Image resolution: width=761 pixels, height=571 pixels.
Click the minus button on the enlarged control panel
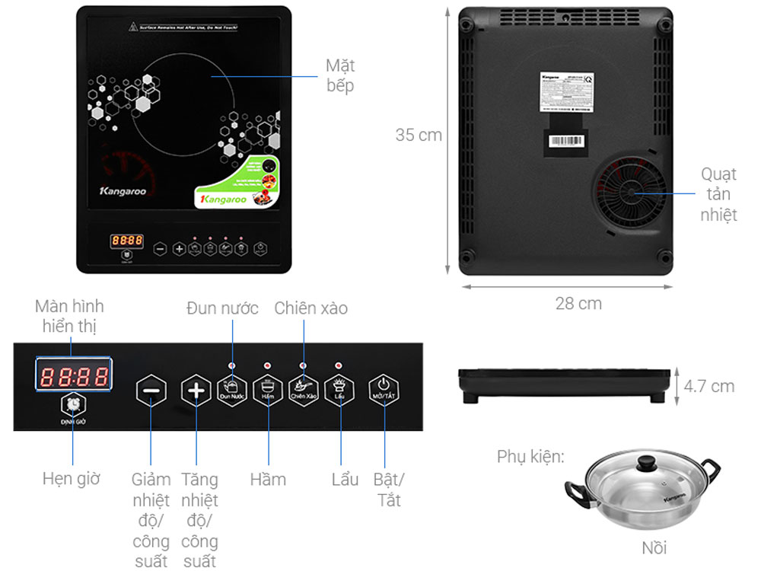pos(151,391)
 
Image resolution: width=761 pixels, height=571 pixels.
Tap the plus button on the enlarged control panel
pos(196,391)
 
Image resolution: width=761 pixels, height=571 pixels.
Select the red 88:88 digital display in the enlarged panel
pos(74,375)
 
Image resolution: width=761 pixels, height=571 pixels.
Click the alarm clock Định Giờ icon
pos(74,405)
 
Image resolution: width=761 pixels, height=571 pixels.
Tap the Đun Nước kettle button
pos(232,388)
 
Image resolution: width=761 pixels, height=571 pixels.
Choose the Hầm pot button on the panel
pos(267,388)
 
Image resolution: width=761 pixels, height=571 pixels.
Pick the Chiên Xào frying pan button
pos(303,388)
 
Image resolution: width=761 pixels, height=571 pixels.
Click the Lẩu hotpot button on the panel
pos(339,388)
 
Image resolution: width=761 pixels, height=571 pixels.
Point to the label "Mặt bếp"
pos(340,75)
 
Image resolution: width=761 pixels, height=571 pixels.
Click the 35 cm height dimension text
pos(419,135)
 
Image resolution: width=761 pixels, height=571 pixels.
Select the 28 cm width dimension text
pos(578,303)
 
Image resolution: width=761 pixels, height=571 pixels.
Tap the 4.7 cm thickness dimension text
pos(709,386)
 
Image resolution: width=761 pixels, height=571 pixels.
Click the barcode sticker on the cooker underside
pos(568,142)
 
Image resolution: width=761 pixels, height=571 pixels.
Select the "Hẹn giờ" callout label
pos(71,479)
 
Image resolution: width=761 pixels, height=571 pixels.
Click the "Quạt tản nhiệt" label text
pos(718,194)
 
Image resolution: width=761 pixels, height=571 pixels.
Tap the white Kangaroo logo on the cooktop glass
pos(123,191)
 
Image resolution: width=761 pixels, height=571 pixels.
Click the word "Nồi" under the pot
pos(654,547)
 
